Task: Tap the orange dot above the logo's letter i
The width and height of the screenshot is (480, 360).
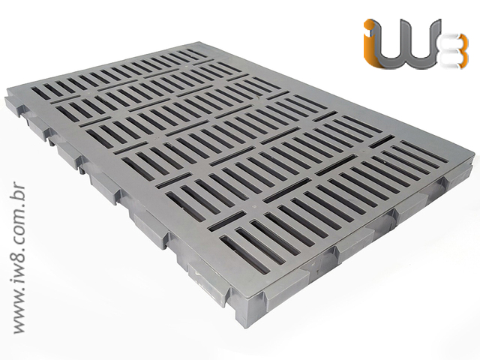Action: tap(369, 25)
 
